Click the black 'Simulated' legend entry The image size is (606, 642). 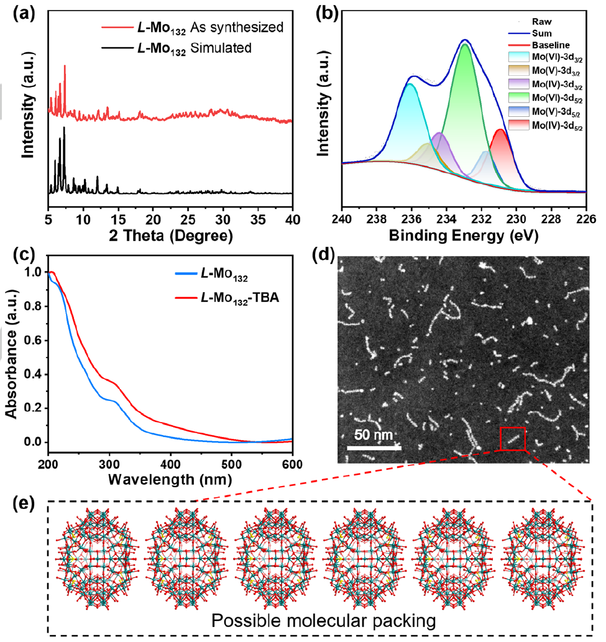(x=186, y=47)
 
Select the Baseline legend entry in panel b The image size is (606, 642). (x=548, y=45)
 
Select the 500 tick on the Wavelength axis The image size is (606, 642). (x=231, y=464)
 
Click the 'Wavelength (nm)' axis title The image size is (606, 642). (x=170, y=480)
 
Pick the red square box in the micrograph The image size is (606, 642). (x=512, y=439)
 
